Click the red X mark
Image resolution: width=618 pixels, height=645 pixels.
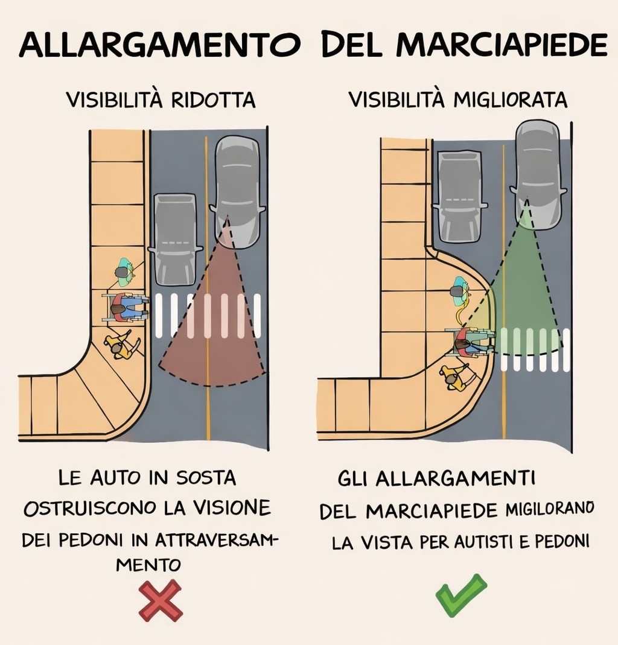click(x=161, y=600)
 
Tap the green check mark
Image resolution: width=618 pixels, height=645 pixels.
click(x=461, y=596)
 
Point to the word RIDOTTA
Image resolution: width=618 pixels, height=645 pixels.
click(x=213, y=100)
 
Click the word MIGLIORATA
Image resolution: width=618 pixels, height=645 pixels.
click(x=510, y=100)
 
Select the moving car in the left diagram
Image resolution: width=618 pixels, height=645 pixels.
click(x=237, y=192)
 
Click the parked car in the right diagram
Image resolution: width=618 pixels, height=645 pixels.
click(x=459, y=196)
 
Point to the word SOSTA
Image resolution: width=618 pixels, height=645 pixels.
click(x=206, y=478)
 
